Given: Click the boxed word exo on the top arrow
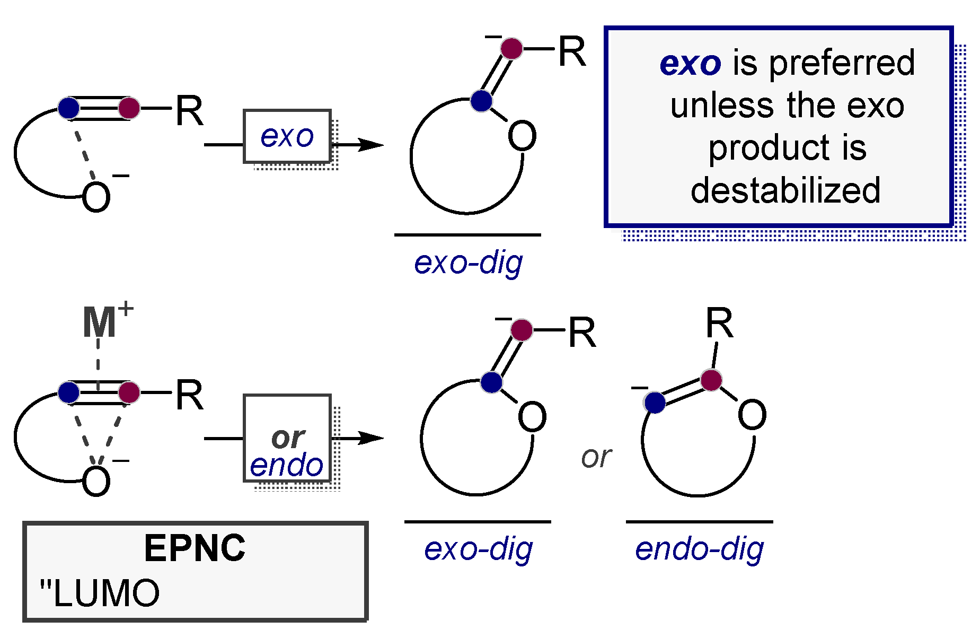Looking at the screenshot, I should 287,137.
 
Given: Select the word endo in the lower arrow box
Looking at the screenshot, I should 286,466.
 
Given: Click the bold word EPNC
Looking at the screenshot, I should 195,548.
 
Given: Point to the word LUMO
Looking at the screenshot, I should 106,593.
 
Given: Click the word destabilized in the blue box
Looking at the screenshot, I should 785,190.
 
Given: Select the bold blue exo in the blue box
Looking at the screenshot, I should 690,63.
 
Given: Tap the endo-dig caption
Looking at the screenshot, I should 699,549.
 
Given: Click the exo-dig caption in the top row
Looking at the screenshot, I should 468,263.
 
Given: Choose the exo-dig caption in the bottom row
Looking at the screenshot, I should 478,549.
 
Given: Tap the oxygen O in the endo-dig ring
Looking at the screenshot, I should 752,415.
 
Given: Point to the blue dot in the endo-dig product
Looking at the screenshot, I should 656,403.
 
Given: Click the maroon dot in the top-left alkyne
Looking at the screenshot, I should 129,108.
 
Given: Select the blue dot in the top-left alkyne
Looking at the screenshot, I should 69,108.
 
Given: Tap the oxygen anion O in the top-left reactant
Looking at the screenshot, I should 96,197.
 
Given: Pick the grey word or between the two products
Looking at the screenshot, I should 596,457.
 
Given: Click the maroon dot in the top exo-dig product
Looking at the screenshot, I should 511,48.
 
